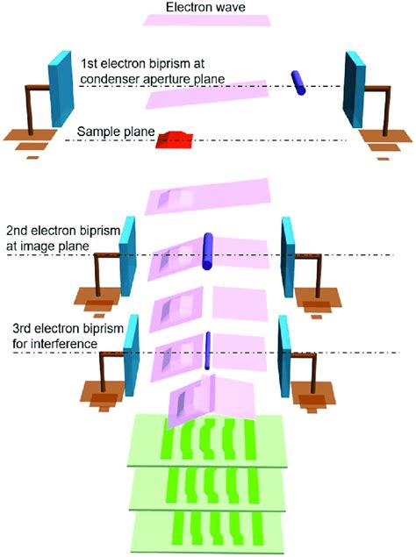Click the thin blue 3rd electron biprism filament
click(209, 349)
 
